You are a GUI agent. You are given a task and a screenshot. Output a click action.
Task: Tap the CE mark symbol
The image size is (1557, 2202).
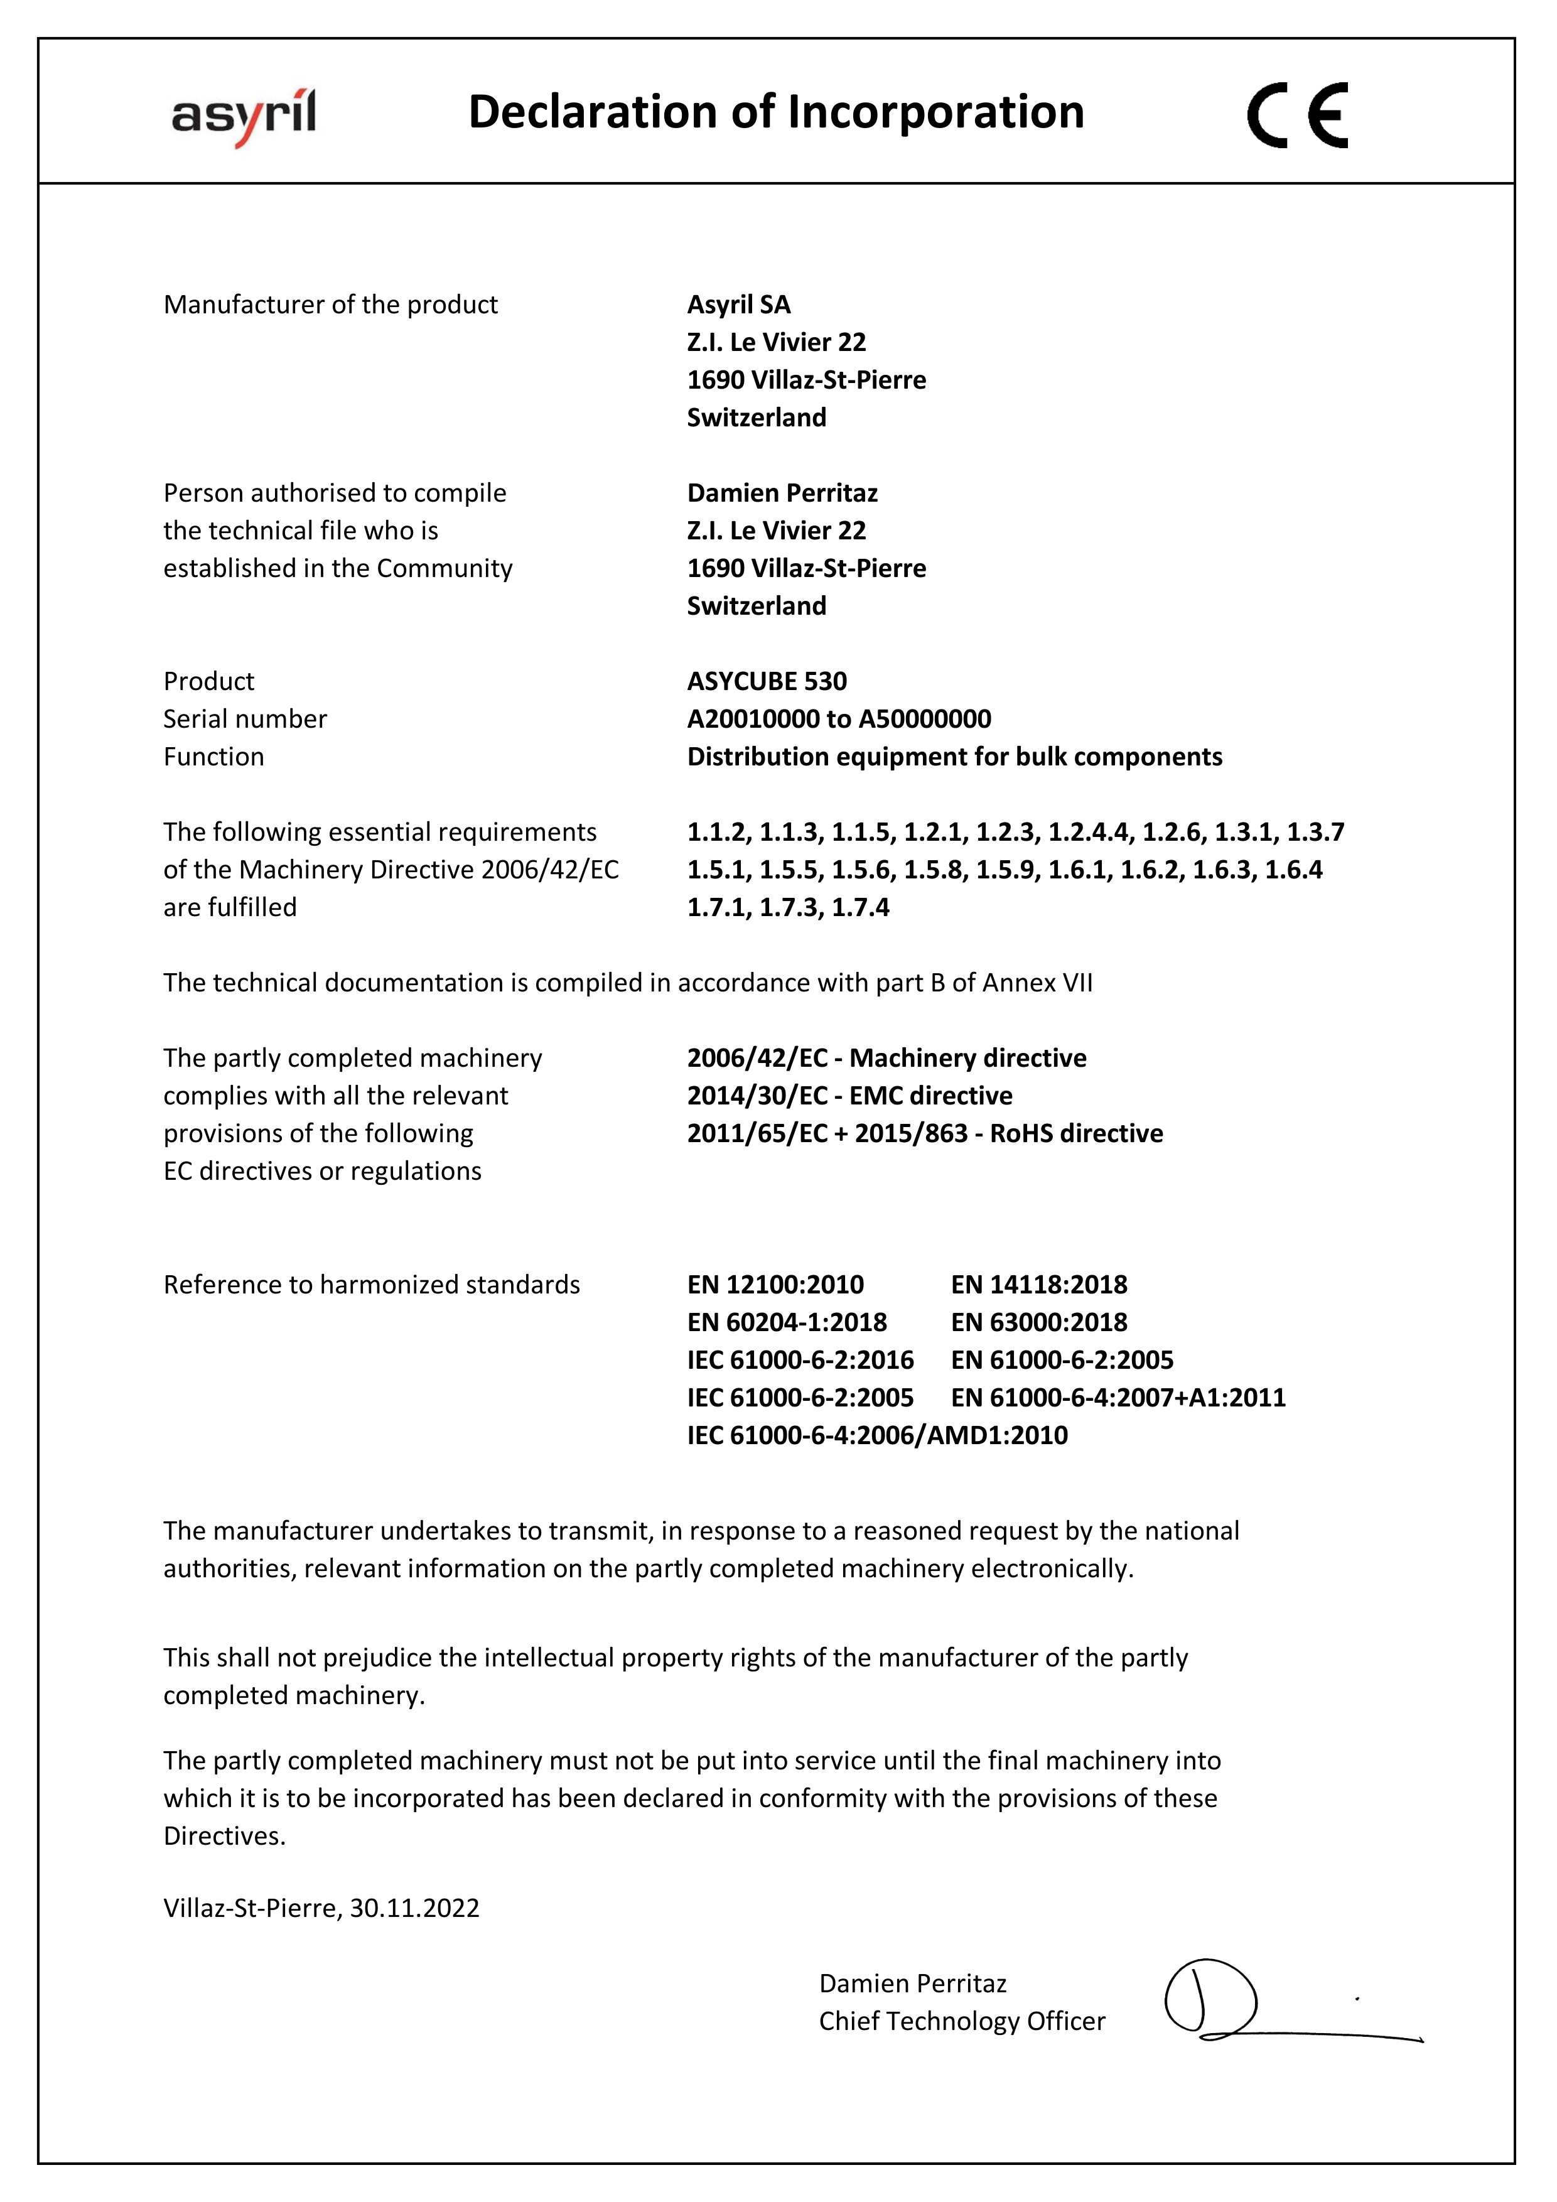(x=1297, y=115)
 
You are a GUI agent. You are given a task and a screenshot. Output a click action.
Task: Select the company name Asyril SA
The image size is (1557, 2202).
(x=738, y=305)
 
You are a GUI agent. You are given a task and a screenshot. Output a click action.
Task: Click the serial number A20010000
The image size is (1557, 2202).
(x=753, y=720)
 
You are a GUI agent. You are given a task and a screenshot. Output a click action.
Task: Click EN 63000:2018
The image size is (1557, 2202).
(x=1038, y=1322)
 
